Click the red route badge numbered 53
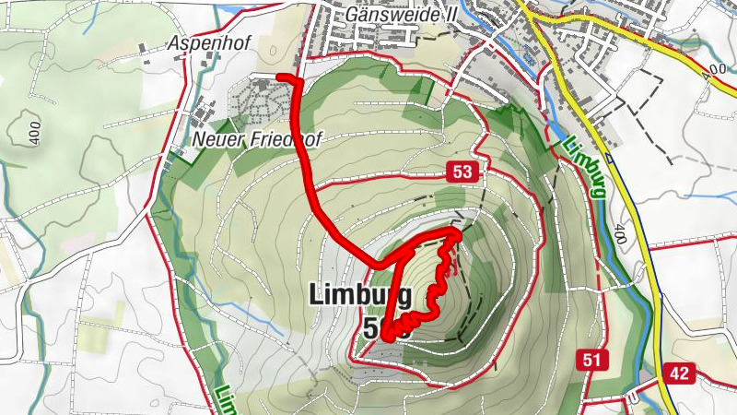463,172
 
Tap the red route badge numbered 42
679,373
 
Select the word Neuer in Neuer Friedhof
214,140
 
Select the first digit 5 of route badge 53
459,172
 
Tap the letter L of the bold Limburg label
318,295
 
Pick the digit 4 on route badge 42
674,373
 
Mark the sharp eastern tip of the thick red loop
458,231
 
